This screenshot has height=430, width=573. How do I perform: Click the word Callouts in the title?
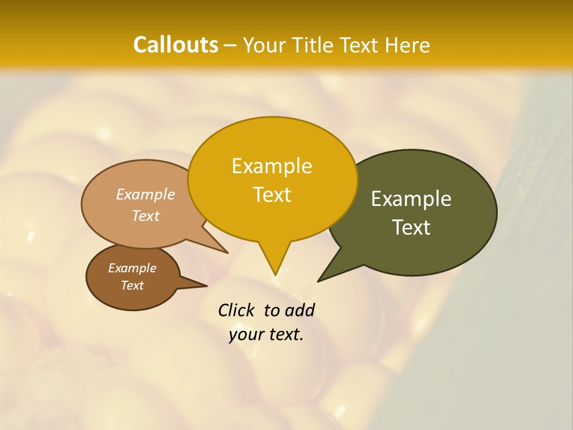tap(175, 45)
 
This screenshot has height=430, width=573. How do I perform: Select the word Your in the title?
tap(265, 45)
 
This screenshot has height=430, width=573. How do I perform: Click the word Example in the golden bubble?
tap(272, 166)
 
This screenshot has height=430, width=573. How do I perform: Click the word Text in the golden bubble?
tap(272, 195)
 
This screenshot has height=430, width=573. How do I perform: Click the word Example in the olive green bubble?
tap(411, 199)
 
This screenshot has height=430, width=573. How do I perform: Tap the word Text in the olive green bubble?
tap(411, 228)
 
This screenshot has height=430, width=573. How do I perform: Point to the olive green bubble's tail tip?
tap(319, 281)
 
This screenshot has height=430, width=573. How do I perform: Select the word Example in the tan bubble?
tap(146, 194)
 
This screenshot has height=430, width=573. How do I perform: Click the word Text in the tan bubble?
tap(146, 216)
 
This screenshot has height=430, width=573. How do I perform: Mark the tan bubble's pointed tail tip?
tap(227, 253)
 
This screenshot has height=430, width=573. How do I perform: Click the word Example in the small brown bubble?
tap(132, 268)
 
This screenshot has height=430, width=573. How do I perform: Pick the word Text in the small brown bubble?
tap(132, 285)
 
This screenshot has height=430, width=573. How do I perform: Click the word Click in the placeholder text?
tap(237, 310)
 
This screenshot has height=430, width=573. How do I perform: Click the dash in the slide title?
tap(231, 45)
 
